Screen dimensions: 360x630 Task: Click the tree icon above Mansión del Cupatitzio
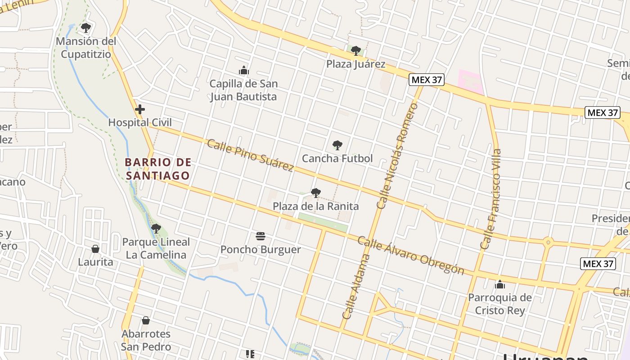coord(85,28)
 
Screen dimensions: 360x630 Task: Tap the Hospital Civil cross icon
coord(140,109)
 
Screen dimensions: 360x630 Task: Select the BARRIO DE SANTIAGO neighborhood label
coord(158,169)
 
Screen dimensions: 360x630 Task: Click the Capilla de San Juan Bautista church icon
coord(244,70)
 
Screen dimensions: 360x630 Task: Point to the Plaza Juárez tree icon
coord(355,50)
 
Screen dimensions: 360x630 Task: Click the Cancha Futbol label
coord(337,158)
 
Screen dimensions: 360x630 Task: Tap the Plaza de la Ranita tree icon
coord(316,193)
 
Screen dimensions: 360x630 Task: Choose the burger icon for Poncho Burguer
coord(261,236)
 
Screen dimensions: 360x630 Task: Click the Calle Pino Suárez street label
coord(250,155)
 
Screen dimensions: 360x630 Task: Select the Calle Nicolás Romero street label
coord(398,156)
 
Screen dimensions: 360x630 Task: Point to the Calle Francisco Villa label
coord(491,199)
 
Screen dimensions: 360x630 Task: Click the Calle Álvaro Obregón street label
coord(410,255)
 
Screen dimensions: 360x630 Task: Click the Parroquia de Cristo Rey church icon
coord(499,284)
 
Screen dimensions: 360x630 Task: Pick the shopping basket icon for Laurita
coord(95,248)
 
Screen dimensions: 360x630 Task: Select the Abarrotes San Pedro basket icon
coord(145,320)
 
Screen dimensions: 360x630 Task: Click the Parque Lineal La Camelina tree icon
coord(156,229)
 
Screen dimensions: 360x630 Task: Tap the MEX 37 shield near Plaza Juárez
coord(427,80)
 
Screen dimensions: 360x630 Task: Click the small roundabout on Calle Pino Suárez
coord(548,243)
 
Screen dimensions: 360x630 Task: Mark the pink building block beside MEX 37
coord(470,81)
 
